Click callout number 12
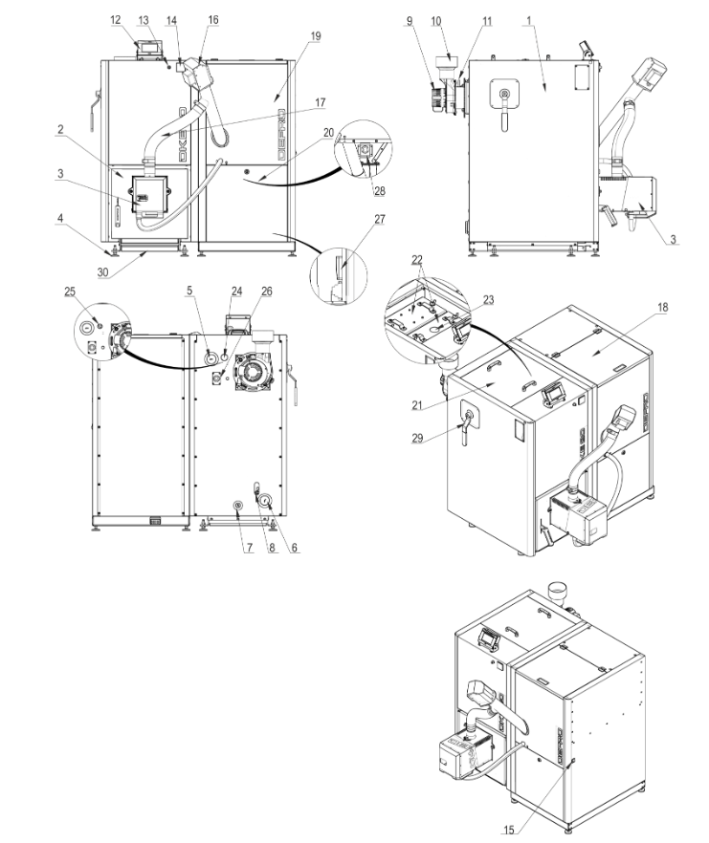116,20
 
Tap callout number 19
316,36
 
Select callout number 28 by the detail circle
379,191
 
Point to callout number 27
380,219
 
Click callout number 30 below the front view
102,272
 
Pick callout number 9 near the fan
410,21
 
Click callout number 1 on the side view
529,21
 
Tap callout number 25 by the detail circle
70,292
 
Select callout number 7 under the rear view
250,548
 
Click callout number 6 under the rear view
295,548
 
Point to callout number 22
417,260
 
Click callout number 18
663,307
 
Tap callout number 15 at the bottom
508,830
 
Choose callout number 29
417,438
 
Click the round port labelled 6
265,502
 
